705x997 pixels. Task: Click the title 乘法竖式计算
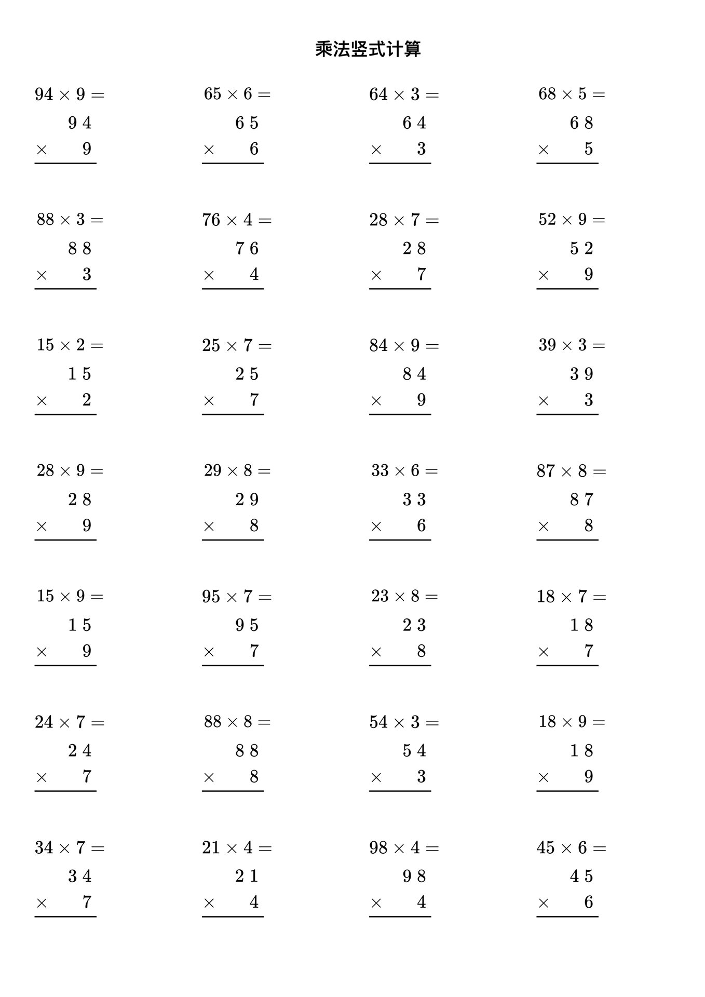point(368,49)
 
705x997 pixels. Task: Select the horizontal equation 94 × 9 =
point(70,95)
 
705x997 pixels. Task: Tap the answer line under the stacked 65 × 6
point(233,163)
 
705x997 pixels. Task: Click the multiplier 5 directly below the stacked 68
point(588,149)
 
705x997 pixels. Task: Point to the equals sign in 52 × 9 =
point(599,220)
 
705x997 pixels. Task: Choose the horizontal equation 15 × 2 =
point(70,345)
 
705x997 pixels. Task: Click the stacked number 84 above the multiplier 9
point(414,374)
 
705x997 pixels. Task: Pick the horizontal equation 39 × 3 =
point(572,345)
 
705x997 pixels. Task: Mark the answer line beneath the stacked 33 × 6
point(400,540)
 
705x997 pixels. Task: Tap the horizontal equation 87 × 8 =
point(572,471)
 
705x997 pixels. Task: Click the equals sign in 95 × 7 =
point(265,597)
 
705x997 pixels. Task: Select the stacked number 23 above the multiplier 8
point(414,625)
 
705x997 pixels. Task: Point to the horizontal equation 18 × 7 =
point(572,597)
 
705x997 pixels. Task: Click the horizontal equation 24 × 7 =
point(70,722)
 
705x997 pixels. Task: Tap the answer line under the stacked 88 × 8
point(233,791)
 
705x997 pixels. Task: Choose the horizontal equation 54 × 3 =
point(404,722)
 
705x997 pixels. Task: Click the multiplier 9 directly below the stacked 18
point(588,777)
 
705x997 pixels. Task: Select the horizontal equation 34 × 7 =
point(70,848)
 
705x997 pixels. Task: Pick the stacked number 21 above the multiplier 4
point(247,877)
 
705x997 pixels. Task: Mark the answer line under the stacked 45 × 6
point(567,917)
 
